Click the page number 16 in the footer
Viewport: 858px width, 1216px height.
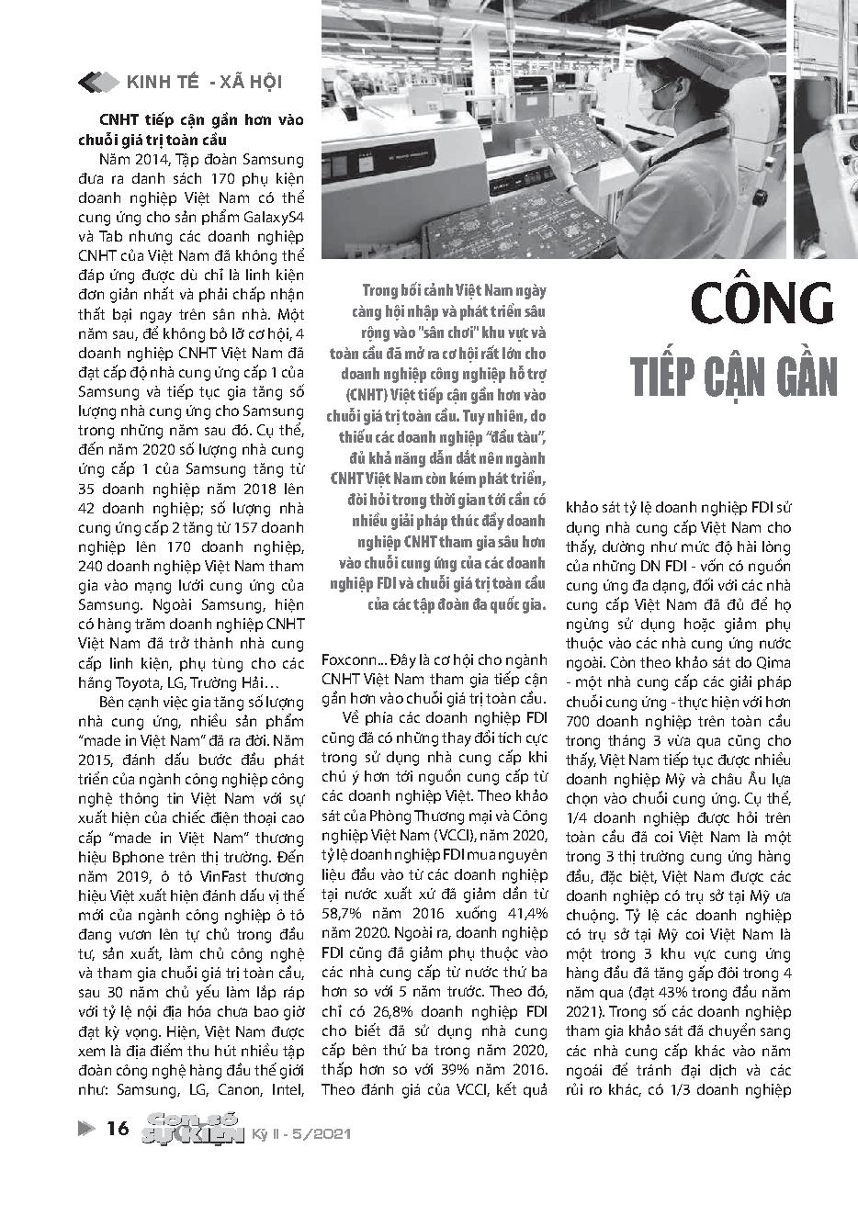pyautogui.click(x=119, y=1129)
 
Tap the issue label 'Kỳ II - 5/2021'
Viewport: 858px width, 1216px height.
pyautogui.click(x=302, y=1135)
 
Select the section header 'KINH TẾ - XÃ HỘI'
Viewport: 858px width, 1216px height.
pyautogui.click(x=203, y=83)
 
